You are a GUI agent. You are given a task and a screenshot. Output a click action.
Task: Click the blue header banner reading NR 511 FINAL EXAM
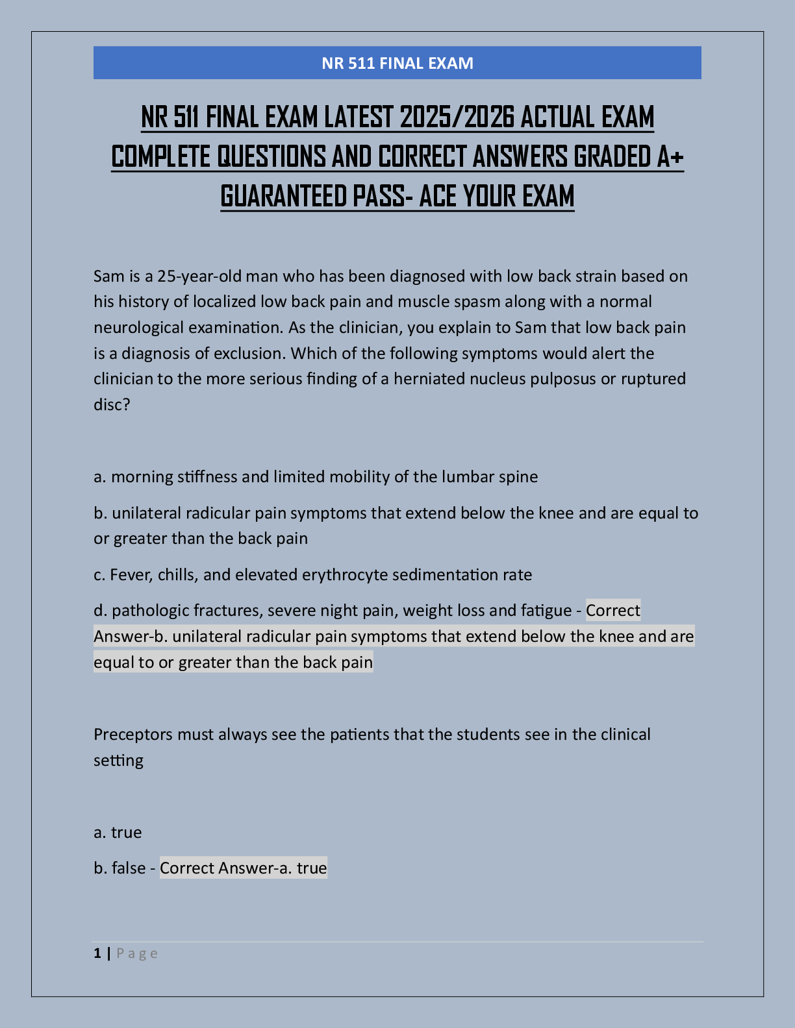(x=397, y=63)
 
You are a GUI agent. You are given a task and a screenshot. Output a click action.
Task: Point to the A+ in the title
(x=669, y=157)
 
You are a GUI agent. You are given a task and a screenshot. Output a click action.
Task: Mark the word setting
(x=118, y=760)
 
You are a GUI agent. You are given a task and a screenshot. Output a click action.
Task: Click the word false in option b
(x=129, y=868)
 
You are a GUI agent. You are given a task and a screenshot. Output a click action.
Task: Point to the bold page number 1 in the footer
(x=97, y=953)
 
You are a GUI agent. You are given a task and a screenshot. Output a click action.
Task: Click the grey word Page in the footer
(x=137, y=953)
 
